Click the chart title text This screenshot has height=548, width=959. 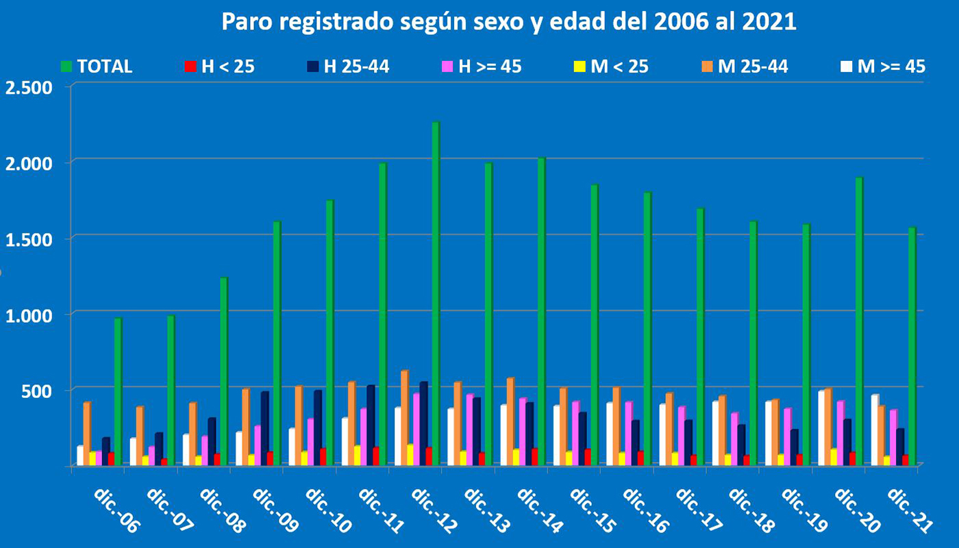click(x=508, y=22)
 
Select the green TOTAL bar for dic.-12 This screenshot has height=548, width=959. click(x=436, y=295)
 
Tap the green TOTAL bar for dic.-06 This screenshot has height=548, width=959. click(x=119, y=393)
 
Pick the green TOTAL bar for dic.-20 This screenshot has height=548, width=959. click(x=859, y=322)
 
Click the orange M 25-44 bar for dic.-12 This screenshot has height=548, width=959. click(x=404, y=419)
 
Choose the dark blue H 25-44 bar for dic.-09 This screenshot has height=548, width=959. click(x=264, y=429)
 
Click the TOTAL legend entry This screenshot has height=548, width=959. click(x=96, y=66)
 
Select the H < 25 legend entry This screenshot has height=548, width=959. click(x=219, y=66)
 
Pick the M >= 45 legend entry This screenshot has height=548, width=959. click(x=883, y=66)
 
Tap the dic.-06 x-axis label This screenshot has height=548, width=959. click(x=117, y=511)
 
